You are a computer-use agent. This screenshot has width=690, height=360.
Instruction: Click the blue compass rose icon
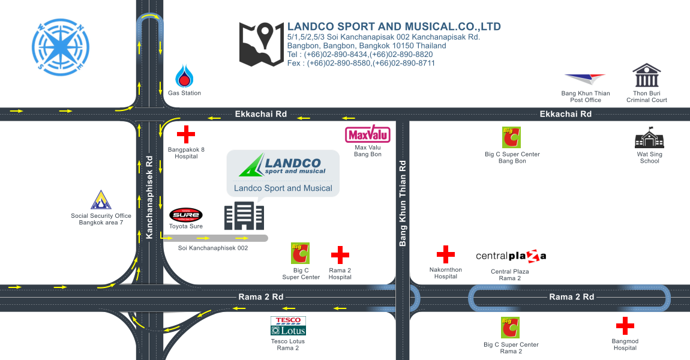(61, 47)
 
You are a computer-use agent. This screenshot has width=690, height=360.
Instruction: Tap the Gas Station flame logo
(184, 76)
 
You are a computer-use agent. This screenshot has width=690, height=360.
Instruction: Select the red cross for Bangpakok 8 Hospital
(186, 134)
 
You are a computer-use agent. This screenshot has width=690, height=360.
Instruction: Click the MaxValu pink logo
(367, 134)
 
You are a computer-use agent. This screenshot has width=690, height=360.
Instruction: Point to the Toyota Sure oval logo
(186, 215)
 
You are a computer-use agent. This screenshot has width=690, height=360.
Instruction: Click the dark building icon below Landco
(244, 215)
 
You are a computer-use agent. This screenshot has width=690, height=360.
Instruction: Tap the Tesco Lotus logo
(288, 326)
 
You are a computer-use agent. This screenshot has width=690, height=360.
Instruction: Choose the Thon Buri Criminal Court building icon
(647, 75)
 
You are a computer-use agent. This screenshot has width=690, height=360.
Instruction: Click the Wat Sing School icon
(650, 138)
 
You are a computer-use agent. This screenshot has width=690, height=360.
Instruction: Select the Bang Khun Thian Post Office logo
(585, 79)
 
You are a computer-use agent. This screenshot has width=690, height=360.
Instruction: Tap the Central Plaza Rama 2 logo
(511, 256)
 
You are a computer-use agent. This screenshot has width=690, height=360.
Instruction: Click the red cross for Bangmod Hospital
(625, 326)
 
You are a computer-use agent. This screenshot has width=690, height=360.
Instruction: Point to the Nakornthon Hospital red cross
(445, 254)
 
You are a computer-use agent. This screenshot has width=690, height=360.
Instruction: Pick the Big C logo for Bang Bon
(511, 137)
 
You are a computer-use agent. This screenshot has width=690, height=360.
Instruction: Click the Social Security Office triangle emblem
(101, 200)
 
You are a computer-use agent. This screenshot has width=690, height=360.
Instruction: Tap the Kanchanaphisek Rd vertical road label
(149, 197)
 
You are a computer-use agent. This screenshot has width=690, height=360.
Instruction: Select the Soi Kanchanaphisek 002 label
(213, 248)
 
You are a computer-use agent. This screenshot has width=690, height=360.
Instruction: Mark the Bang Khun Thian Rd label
(402, 203)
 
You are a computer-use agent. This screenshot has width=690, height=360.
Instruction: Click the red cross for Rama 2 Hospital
(340, 255)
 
